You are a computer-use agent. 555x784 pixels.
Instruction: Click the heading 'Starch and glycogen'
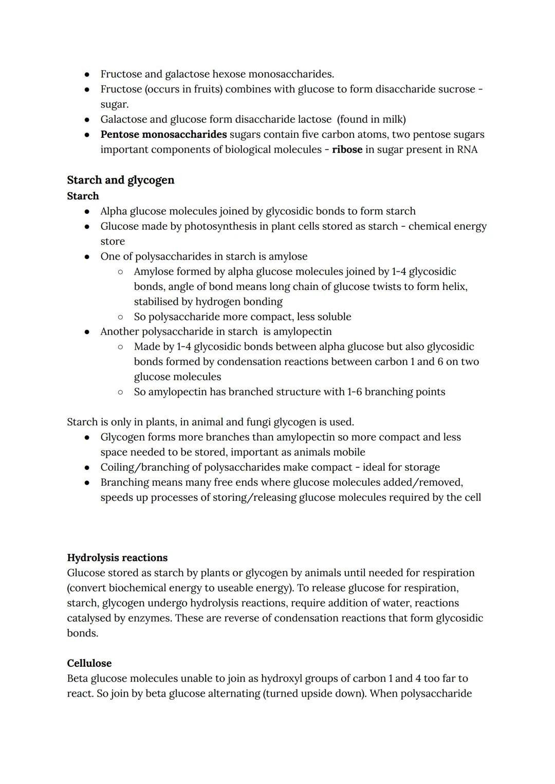point(121,180)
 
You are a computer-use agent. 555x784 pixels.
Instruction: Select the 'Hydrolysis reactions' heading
point(117,558)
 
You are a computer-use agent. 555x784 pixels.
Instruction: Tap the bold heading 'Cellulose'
point(89,663)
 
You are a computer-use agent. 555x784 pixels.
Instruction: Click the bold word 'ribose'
point(347,150)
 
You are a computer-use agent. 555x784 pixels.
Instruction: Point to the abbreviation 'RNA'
point(467,150)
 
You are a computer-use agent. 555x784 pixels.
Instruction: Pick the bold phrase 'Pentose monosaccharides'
point(163,135)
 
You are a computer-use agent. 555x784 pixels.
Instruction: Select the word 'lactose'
point(314,120)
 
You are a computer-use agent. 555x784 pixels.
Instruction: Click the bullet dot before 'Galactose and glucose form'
point(87,120)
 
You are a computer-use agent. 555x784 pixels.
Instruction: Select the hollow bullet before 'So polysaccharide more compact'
point(120,317)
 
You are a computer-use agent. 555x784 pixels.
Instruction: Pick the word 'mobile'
point(348,452)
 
